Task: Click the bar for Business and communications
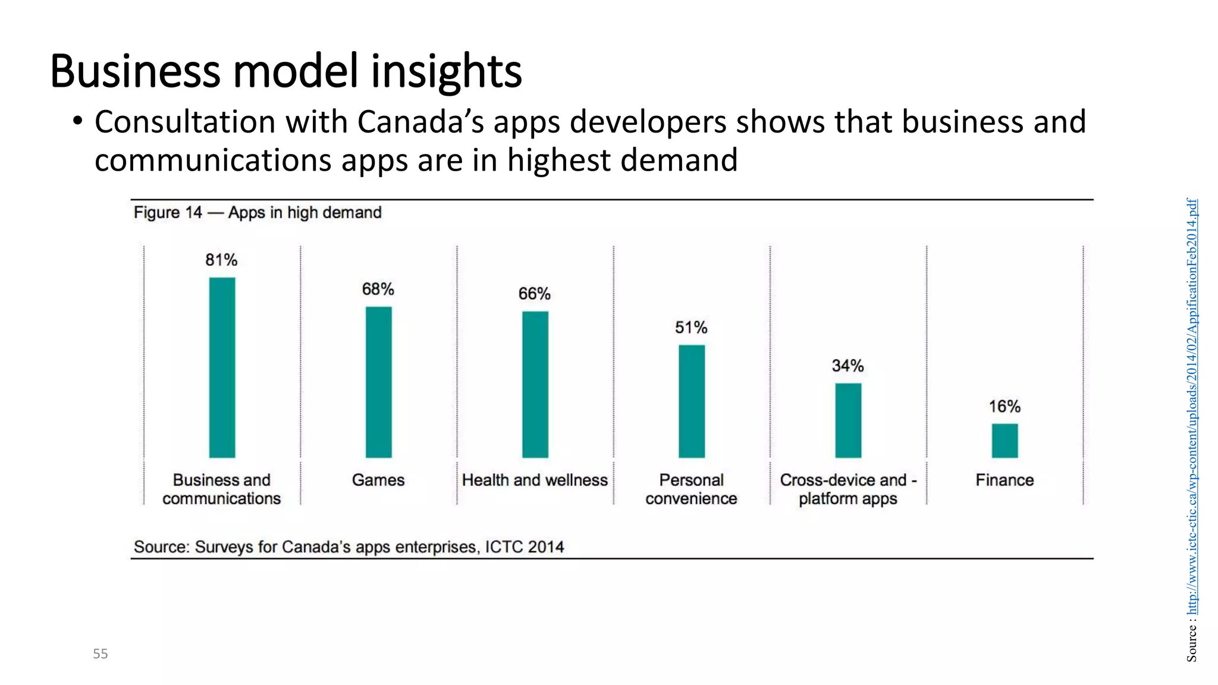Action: [x=222, y=367]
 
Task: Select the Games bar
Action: [x=378, y=382]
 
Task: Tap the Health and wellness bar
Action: [x=535, y=384]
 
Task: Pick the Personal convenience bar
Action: [x=692, y=401]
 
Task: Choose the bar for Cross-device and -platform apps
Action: [x=848, y=420]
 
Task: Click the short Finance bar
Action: [x=1004, y=441]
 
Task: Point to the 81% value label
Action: [x=221, y=260]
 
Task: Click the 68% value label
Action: [x=378, y=289]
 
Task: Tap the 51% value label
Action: [x=691, y=328]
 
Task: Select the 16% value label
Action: [x=1004, y=407]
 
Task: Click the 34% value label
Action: [x=847, y=366]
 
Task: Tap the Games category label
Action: [x=378, y=480]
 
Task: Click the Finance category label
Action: [x=1004, y=480]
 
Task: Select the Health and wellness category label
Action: [x=535, y=480]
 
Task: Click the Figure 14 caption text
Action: [x=258, y=212]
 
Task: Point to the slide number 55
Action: [x=101, y=654]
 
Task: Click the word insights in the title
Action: [x=447, y=71]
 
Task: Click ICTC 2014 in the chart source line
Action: [x=524, y=546]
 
